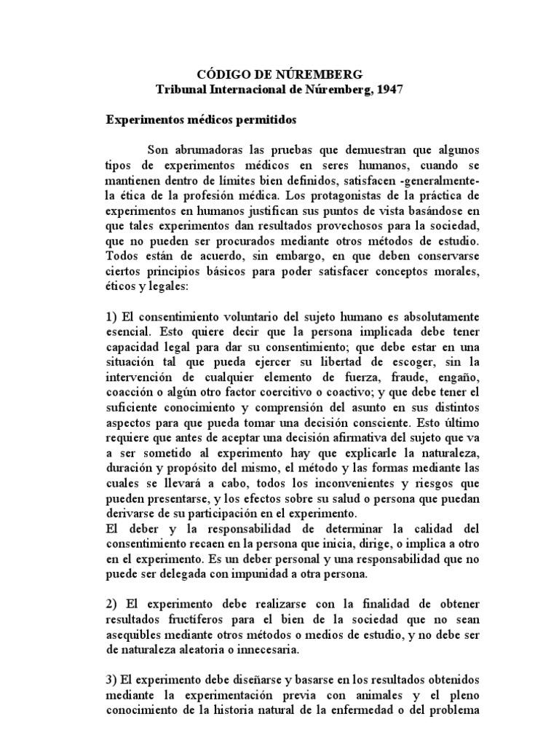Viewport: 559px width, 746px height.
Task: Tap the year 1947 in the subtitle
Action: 385,89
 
